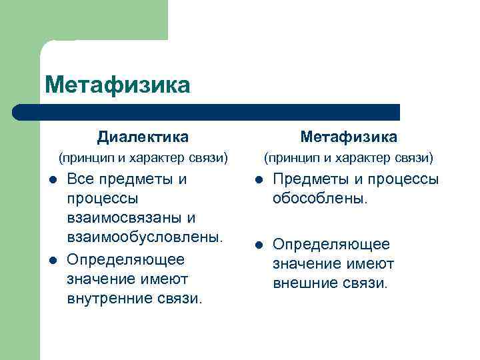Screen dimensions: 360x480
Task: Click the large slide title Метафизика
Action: coord(117,85)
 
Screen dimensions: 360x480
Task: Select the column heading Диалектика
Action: coord(143,137)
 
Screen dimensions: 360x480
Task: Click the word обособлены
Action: coord(319,199)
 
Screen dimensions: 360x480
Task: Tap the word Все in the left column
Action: coord(81,179)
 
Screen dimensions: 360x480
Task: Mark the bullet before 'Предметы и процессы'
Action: coord(257,179)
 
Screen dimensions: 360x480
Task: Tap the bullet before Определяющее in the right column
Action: coord(257,244)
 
